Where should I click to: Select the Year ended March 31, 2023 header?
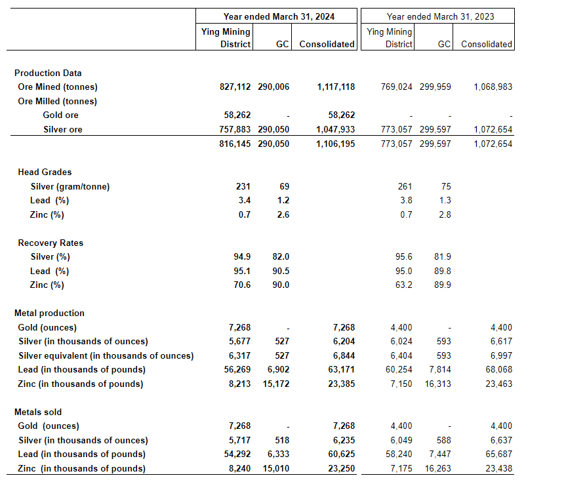pos(440,16)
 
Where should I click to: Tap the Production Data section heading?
pos(48,73)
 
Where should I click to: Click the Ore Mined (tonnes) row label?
pos(58,87)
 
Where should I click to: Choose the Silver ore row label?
pos(63,129)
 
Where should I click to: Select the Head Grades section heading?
pos(45,172)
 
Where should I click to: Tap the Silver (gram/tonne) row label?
pos(70,186)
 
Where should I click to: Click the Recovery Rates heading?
pos(51,243)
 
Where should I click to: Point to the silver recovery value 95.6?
pos(402,256)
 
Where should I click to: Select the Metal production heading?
pos(50,313)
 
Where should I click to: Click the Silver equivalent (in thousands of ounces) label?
pos(106,355)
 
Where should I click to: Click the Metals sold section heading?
pos(38,412)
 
